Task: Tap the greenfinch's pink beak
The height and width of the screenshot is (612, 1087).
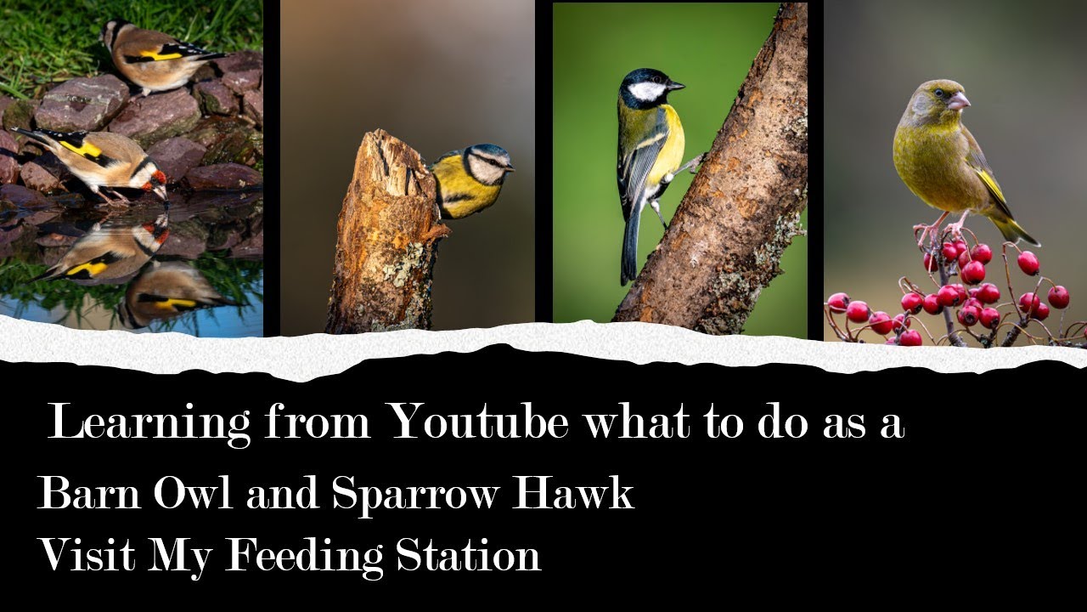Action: coord(959,102)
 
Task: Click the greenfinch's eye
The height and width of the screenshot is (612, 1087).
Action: coord(938,93)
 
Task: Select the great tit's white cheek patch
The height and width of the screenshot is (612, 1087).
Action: coord(648,91)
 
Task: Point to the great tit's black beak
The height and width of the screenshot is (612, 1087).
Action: coord(676,86)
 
